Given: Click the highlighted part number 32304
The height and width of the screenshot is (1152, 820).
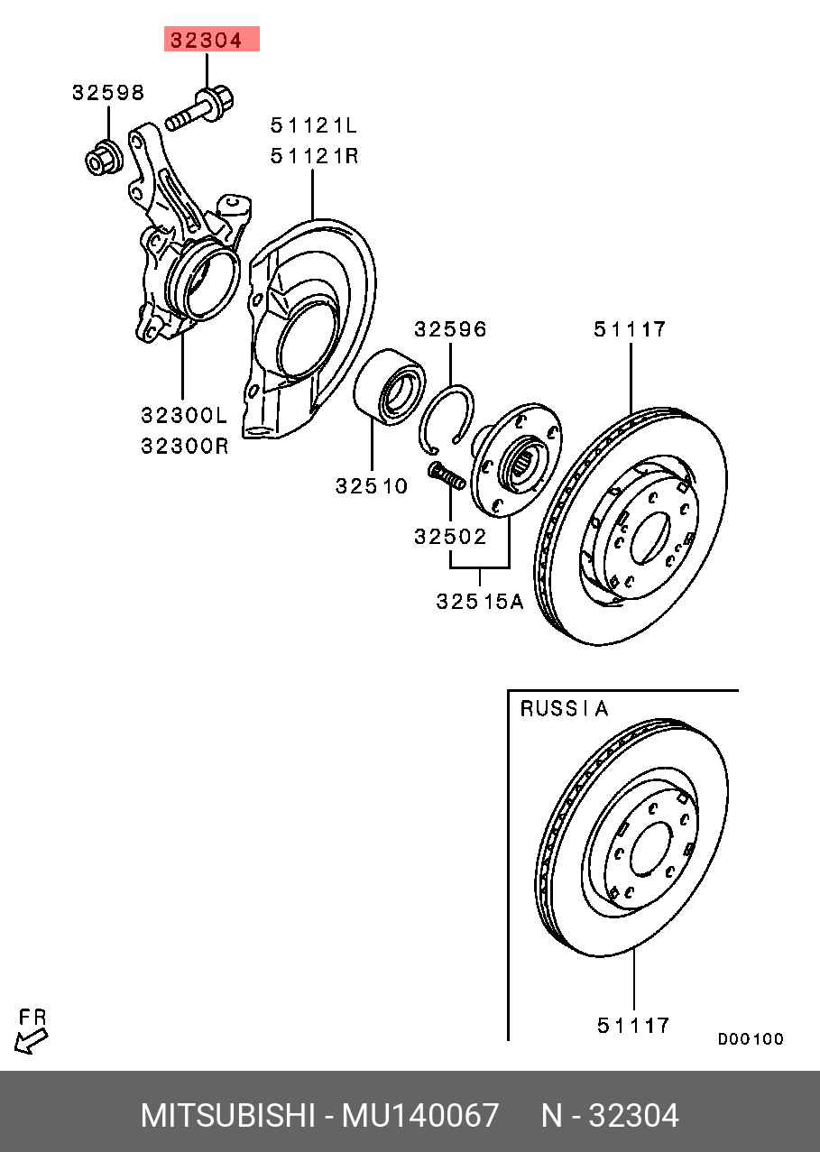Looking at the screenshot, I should tap(210, 40).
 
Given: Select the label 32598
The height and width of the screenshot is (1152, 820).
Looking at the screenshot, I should tap(108, 92).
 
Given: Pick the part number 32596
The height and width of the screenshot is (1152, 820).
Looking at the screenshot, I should tap(450, 329).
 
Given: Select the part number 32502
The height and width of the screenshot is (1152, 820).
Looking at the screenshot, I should tap(450, 537).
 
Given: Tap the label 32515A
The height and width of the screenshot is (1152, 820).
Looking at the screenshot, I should tap(479, 601).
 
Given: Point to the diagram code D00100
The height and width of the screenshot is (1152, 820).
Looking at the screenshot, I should tap(751, 1039).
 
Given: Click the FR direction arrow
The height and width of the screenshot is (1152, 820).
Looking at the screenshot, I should tap(32, 1040).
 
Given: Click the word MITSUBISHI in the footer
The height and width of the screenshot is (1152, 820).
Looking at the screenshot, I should tap(226, 1116).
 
